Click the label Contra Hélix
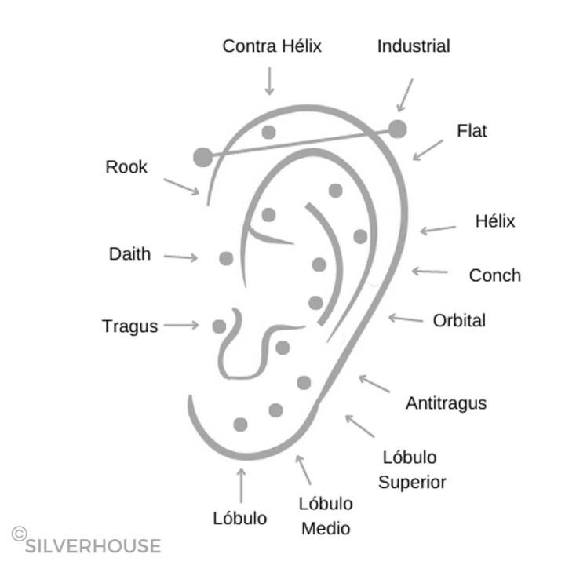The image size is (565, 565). click(x=272, y=46)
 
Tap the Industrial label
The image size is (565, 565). click(x=414, y=46)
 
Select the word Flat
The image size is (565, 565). click(x=472, y=130)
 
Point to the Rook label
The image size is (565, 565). click(x=126, y=166)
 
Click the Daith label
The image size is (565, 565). click(x=129, y=254)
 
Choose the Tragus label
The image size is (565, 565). click(x=129, y=326)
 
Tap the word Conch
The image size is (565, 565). click(x=494, y=275)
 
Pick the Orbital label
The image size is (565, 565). click(x=459, y=320)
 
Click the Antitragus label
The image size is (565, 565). click(x=446, y=403)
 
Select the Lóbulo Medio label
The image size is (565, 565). click(x=326, y=516)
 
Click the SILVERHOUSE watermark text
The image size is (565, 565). click(x=93, y=546)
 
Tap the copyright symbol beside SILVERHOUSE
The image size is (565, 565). click(x=19, y=534)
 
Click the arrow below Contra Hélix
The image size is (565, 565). click(x=269, y=82)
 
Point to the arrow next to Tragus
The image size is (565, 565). click(x=181, y=325)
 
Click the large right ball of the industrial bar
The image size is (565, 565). click(x=398, y=129)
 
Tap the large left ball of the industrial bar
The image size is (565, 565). click(x=202, y=157)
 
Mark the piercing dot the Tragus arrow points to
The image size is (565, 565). click(x=219, y=326)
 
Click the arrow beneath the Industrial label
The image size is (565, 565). click(x=405, y=95)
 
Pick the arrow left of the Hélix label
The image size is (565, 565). click(x=438, y=229)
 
